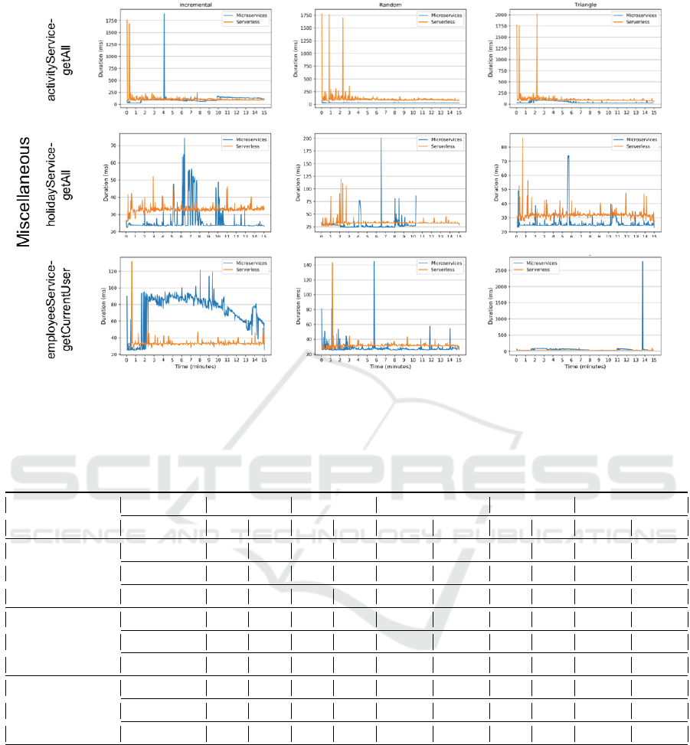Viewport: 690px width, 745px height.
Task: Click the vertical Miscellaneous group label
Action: click(24, 191)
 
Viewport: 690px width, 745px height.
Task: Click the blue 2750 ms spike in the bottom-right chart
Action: click(643, 264)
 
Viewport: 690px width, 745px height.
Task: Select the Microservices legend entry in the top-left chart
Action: click(244, 15)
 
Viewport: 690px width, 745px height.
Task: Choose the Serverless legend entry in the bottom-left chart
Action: click(244, 270)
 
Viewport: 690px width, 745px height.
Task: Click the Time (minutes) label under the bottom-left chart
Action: click(195, 366)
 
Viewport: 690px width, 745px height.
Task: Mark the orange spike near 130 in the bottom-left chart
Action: click(132, 263)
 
